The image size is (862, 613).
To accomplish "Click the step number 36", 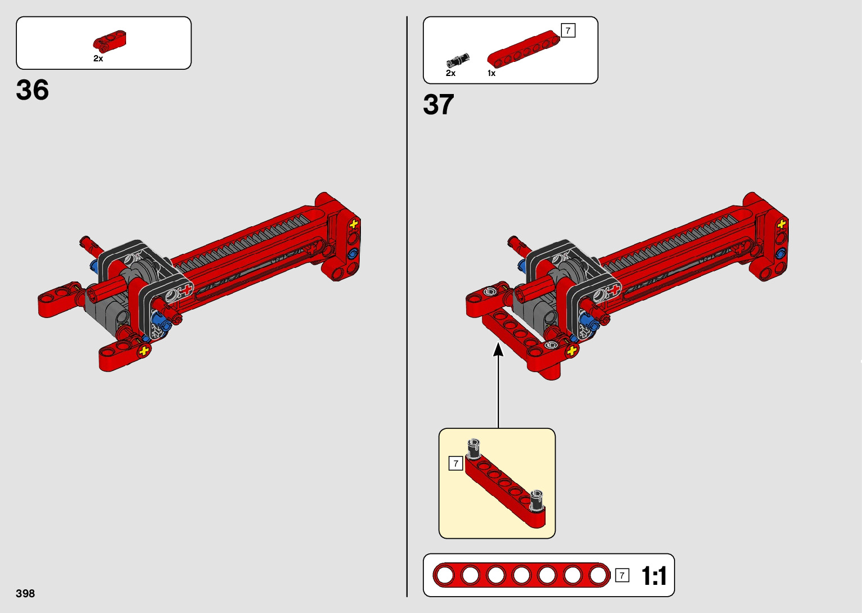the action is [32, 90].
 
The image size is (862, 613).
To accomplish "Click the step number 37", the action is [438, 104].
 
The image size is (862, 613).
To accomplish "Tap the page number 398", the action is [25, 593].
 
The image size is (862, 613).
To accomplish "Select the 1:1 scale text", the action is [654, 576].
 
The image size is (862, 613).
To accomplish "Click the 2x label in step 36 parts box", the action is [98, 59].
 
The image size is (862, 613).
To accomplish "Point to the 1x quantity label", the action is [492, 73].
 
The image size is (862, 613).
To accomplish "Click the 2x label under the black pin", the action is [450, 73].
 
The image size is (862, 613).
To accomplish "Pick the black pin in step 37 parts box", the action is [458, 60].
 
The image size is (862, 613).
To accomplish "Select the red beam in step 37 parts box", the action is [524, 48].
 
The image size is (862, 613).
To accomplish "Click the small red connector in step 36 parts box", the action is [110, 41].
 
